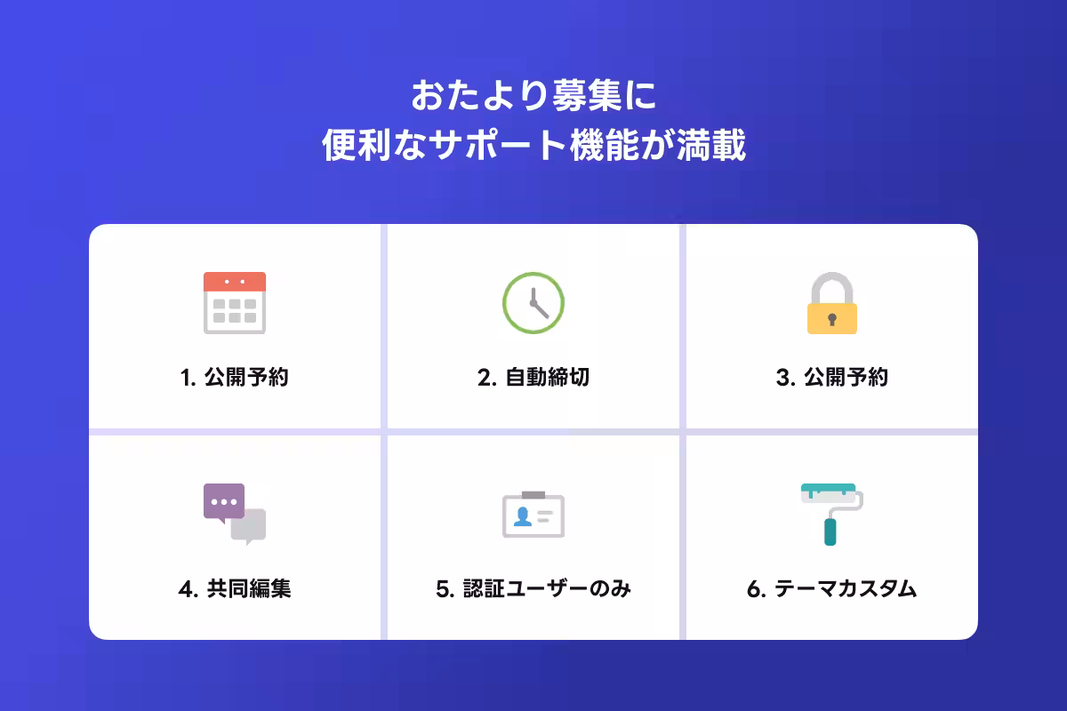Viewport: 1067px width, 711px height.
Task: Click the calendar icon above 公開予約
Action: pyautogui.click(x=235, y=303)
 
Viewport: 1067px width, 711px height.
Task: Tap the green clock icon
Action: pyautogui.click(x=533, y=303)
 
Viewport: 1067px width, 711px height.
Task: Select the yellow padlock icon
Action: pyautogui.click(x=831, y=305)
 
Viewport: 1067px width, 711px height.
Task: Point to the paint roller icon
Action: pyautogui.click(x=831, y=513)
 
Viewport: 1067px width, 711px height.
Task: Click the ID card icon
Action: pyautogui.click(x=533, y=515)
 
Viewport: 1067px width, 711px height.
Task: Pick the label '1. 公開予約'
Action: pyautogui.click(x=235, y=378)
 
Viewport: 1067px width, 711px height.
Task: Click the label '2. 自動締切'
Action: pyautogui.click(x=533, y=378)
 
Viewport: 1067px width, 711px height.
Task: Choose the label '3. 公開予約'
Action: pyautogui.click(x=831, y=378)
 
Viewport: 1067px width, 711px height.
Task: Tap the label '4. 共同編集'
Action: pyautogui.click(x=235, y=588)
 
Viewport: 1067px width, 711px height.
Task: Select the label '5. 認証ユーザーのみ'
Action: pyautogui.click(x=533, y=588)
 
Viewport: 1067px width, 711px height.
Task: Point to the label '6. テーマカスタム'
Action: pyautogui.click(x=831, y=588)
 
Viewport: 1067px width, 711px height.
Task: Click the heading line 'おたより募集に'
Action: pyautogui.click(x=533, y=96)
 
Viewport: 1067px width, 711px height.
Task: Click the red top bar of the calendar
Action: pyautogui.click(x=235, y=282)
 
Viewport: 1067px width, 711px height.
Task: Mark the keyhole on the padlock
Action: pyautogui.click(x=831, y=319)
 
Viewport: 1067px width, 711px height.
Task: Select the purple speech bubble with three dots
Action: pyautogui.click(x=223, y=501)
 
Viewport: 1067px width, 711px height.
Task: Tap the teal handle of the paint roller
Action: pyautogui.click(x=830, y=531)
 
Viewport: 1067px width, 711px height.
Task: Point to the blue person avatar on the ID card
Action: pyautogui.click(x=523, y=516)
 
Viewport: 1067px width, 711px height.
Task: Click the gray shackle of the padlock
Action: pyautogui.click(x=831, y=286)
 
